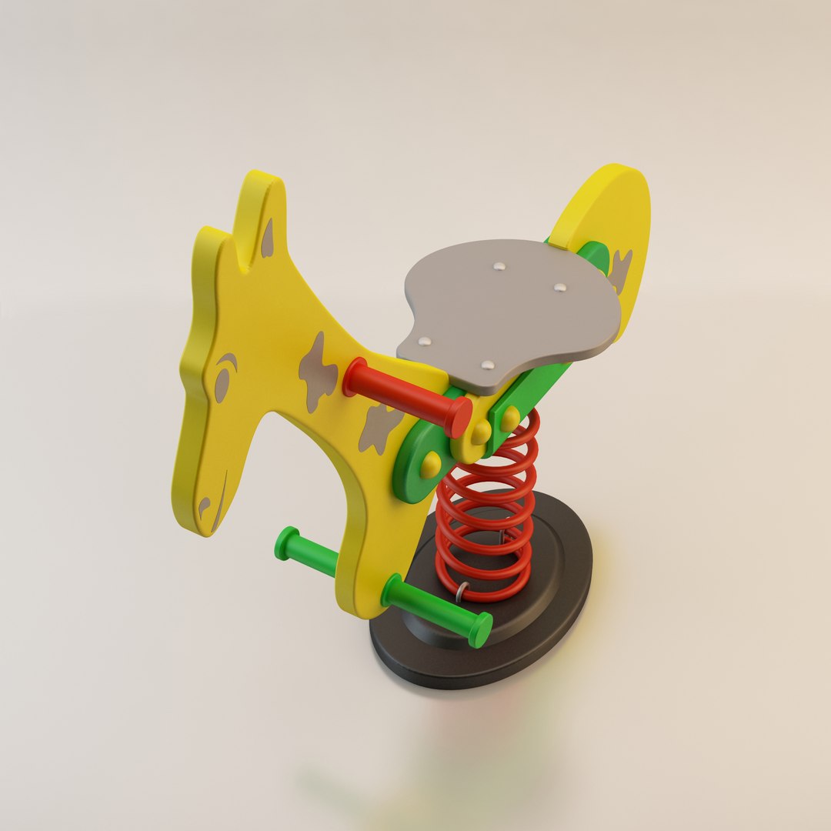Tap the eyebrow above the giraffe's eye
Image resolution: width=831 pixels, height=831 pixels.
tap(228, 359)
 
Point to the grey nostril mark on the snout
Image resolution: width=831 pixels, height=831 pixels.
tap(204, 506)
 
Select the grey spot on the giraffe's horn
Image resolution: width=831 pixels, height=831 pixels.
tap(267, 239)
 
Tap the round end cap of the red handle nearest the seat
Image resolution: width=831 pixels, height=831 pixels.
tap(460, 416)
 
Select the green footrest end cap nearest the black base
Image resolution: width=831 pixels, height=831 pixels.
tap(481, 629)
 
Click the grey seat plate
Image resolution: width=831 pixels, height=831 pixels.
tap(508, 308)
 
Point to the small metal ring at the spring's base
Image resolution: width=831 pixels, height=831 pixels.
tap(462, 591)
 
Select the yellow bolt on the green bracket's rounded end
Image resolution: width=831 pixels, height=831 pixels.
tap(429, 464)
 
